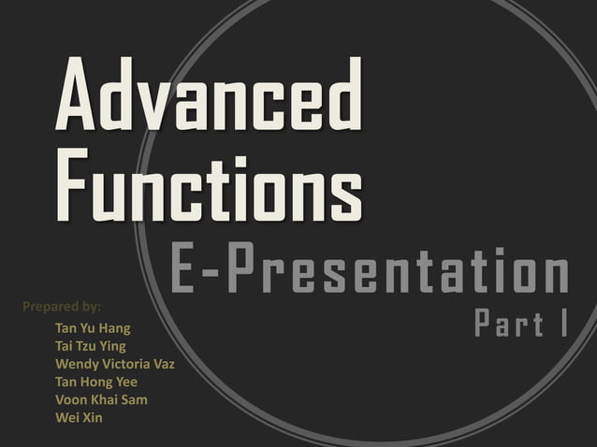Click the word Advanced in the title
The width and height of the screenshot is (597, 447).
[x=209, y=95]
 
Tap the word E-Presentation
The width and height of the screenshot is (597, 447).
[x=371, y=271]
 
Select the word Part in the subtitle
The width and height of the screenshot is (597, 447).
[x=509, y=324]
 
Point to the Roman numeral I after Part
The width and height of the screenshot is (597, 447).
[x=565, y=324]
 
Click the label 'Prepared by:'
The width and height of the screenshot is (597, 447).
[x=61, y=306]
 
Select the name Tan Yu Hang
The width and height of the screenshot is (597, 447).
[x=93, y=328]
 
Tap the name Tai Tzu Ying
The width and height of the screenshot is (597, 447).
[x=91, y=346]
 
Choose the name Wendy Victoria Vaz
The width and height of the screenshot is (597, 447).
[x=115, y=364]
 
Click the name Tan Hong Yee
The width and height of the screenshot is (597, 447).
[x=96, y=382]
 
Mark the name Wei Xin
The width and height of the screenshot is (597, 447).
[x=79, y=417]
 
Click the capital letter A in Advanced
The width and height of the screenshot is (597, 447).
[x=78, y=95]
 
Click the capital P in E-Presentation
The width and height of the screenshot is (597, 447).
[x=241, y=271]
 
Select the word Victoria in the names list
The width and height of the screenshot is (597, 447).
[x=126, y=364]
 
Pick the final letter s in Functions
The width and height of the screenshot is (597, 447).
[x=345, y=192]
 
